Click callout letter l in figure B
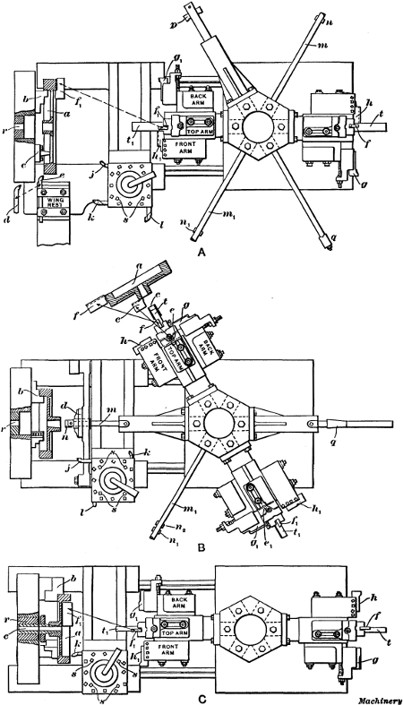[x=102, y=486]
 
